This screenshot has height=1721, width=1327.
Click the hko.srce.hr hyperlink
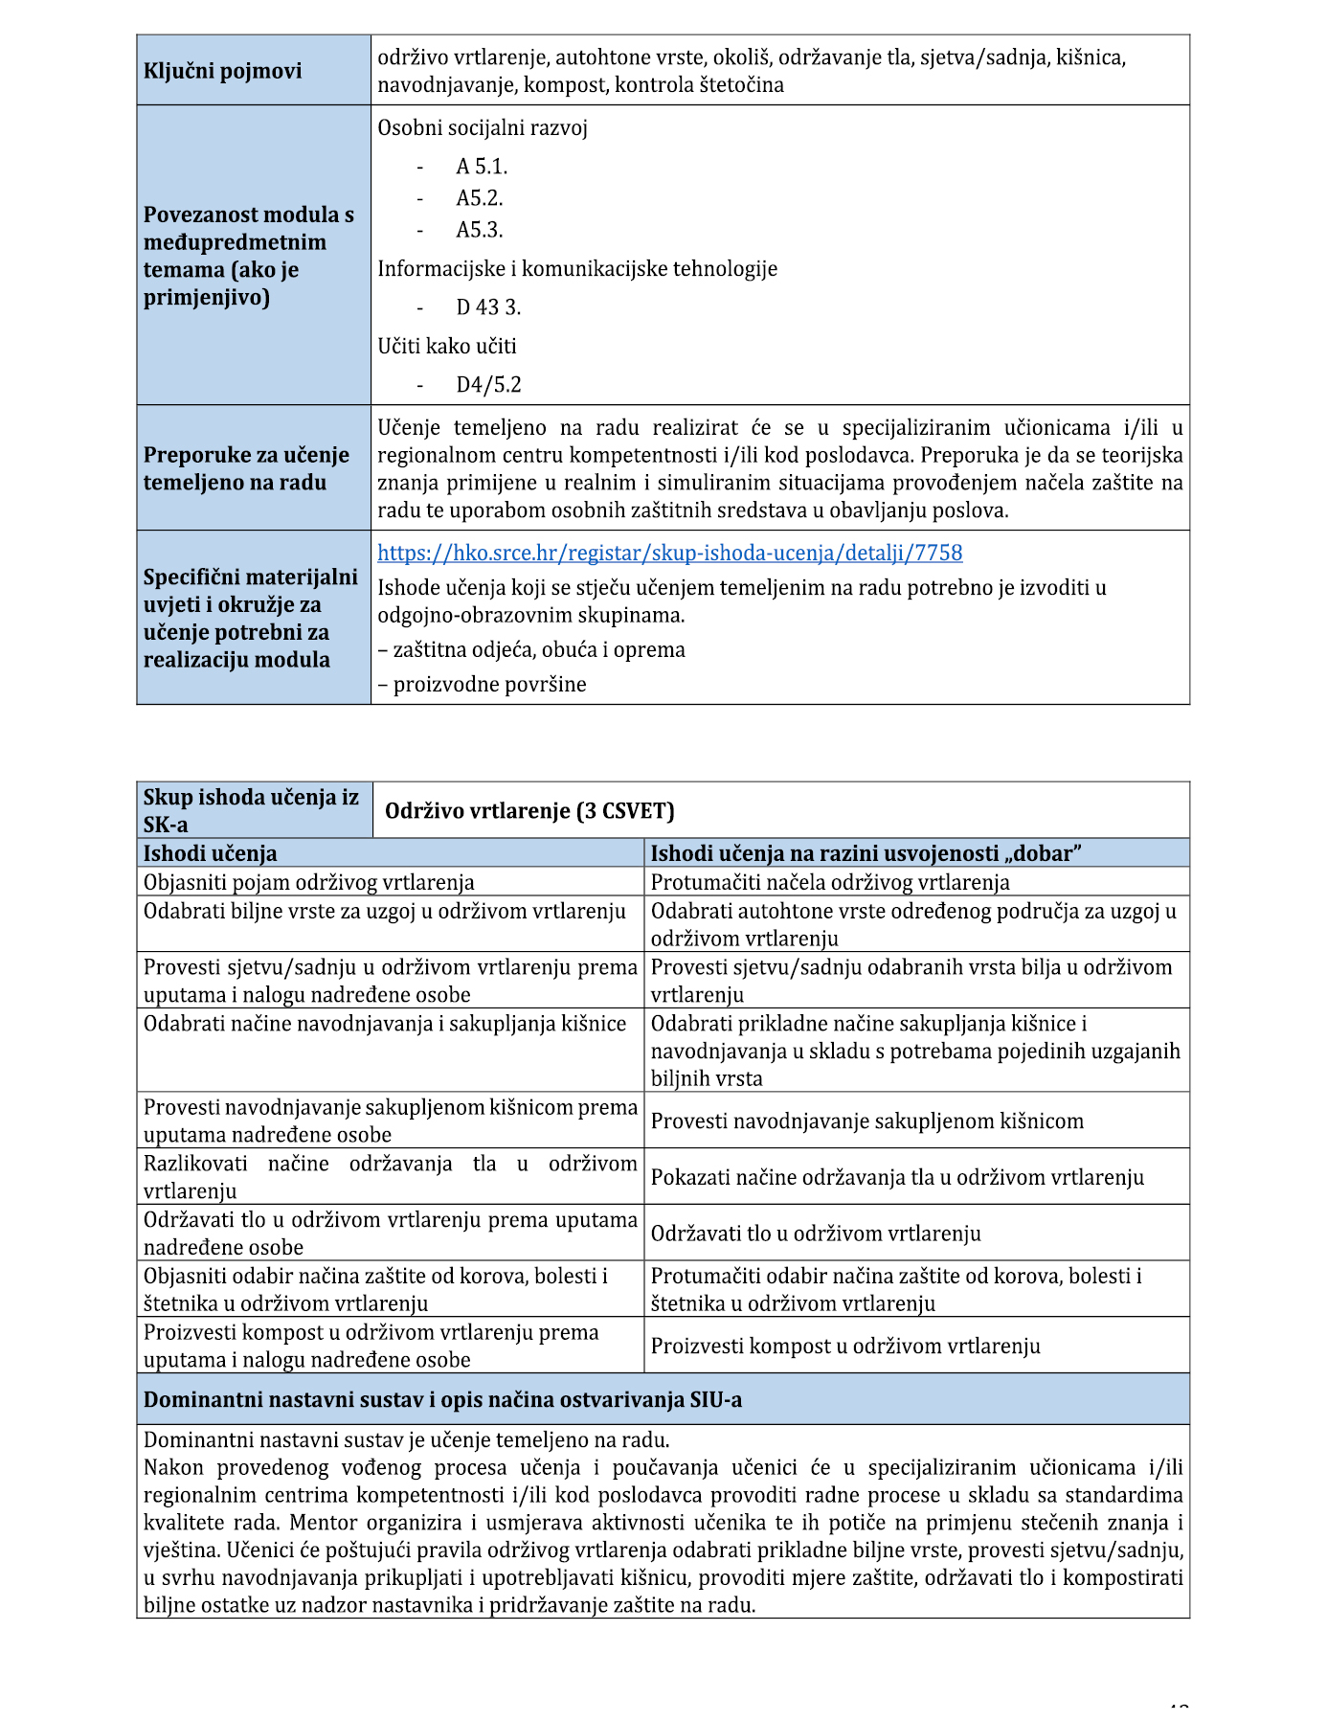pos(669,553)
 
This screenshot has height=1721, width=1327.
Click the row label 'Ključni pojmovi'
pos(222,71)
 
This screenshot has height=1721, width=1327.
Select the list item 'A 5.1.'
pos(482,167)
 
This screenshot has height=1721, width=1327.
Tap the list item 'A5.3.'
pos(479,230)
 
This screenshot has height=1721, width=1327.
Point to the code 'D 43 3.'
pos(488,307)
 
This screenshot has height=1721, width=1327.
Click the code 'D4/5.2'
pos(488,385)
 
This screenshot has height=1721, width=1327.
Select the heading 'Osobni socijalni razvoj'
pos(482,128)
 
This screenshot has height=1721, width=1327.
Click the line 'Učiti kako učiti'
pos(446,346)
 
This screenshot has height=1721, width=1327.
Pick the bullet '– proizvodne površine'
pos(482,684)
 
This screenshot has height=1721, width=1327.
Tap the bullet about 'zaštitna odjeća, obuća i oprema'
pos(531,649)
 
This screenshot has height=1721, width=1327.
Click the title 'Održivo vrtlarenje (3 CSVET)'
pos(529,811)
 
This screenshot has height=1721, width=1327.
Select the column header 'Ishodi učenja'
pos(210,853)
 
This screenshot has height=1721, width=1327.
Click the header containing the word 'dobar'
pos(866,853)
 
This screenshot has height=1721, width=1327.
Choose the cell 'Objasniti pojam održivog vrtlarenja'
pos(308,882)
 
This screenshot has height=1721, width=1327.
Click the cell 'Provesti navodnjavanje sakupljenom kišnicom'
pos(866,1121)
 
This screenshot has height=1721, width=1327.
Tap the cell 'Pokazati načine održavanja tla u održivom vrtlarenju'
pos(897,1177)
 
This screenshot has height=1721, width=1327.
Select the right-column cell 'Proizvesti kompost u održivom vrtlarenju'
pos(844,1346)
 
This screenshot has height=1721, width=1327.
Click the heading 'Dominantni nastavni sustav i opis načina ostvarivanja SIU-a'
pos(442,1399)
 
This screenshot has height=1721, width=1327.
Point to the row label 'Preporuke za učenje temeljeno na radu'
pos(246,468)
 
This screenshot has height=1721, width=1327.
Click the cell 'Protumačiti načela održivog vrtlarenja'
pos(829,882)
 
